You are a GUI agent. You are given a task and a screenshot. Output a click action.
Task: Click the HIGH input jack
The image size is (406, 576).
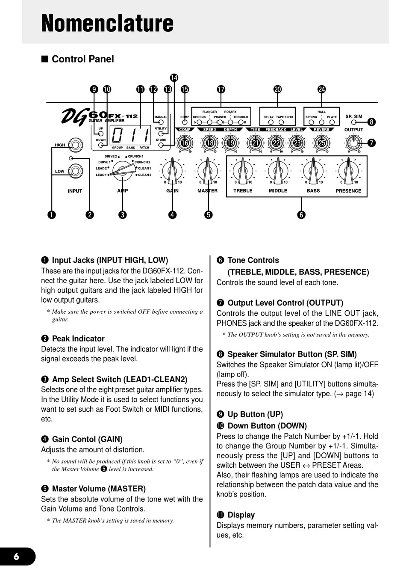click(76, 145)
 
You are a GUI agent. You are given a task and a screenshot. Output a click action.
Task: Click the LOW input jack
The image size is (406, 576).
click(76, 171)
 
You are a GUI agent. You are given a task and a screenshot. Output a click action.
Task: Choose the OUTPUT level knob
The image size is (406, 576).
click(353, 143)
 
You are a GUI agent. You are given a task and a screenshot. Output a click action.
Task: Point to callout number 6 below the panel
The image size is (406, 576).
click(301, 215)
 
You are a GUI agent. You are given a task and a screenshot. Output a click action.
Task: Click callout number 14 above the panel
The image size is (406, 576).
click(174, 78)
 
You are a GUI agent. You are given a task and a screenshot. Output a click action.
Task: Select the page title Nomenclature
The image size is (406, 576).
click(107, 23)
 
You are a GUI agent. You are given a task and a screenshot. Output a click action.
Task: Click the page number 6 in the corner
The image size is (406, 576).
click(16, 556)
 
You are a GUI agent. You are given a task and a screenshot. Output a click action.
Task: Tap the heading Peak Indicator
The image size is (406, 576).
click(78, 338)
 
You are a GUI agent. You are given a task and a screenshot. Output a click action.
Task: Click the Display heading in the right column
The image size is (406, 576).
click(241, 515)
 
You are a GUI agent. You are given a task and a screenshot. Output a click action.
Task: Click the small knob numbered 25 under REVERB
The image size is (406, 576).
click(321, 143)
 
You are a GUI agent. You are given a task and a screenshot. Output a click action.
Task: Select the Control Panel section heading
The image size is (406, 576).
click(82, 59)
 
